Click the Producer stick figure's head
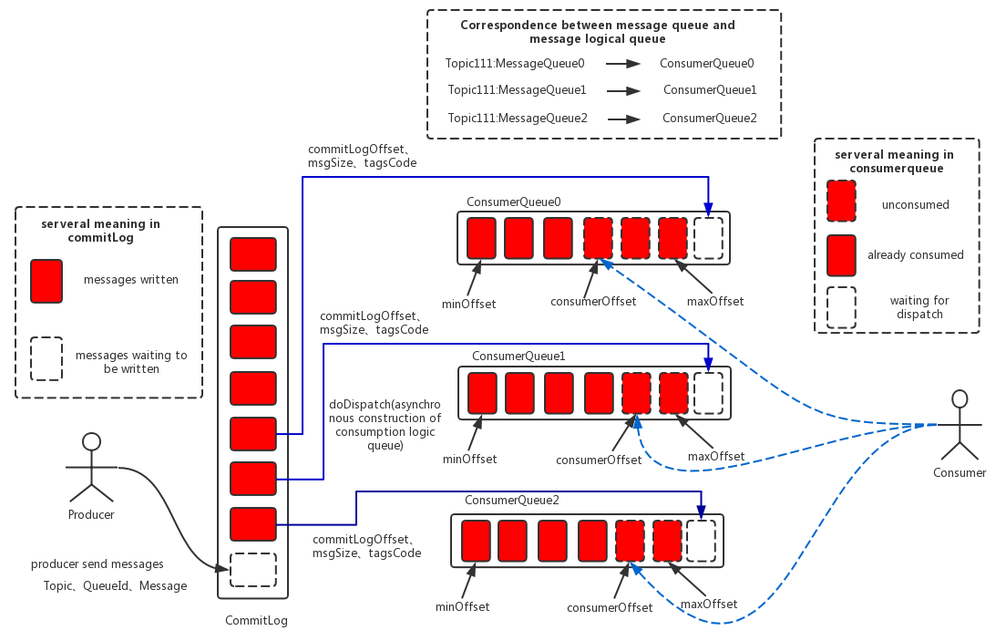[x=90, y=442]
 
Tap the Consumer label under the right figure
[x=960, y=472]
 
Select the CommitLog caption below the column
[x=256, y=621]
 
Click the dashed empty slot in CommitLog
[x=252, y=570]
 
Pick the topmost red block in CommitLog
[x=252, y=254]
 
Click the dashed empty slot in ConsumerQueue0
[x=708, y=238]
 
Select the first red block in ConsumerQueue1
[x=482, y=393]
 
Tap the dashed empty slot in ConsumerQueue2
[x=701, y=541]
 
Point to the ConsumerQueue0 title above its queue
[x=514, y=202]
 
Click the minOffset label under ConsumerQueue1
[x=469, y=459]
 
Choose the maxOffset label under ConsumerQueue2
[x=708, y=604]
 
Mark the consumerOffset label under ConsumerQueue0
[x=593, y=301]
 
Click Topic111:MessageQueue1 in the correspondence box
[x=517, y=90]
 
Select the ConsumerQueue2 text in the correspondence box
[x=709, y=118]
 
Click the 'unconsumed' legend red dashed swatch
[x=840, y=201]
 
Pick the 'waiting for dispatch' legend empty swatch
[x=840, y=308]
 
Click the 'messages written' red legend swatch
[x=46, y=281]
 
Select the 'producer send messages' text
[x=98, y=564]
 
